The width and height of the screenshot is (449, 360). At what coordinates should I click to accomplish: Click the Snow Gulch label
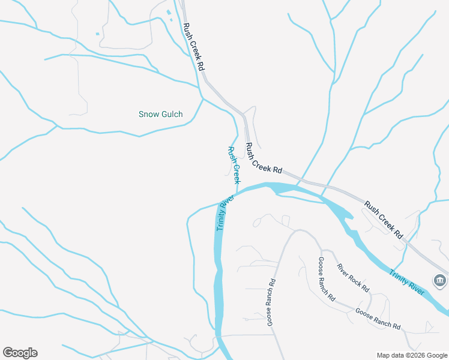click(160, 114)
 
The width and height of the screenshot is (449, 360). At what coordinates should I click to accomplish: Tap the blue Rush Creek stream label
click(234, 165)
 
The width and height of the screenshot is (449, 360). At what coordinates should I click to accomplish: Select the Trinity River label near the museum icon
click(406, 282)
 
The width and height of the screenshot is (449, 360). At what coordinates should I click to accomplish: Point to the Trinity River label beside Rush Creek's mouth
click(224, 214)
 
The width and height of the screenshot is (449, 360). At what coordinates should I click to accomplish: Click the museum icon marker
click(440, 280)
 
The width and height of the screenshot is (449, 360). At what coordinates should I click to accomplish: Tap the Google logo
click(20, 353)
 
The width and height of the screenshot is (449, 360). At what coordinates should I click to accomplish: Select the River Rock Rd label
click(353, 277)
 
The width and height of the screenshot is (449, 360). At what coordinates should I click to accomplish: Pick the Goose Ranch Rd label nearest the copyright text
click(378, 318)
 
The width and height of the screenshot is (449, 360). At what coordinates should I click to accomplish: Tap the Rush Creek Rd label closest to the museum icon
click(383, 220)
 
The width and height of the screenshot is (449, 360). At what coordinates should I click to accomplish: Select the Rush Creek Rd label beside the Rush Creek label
click(264, 158)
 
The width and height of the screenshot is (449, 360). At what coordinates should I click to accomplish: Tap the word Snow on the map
click(148, 114)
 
